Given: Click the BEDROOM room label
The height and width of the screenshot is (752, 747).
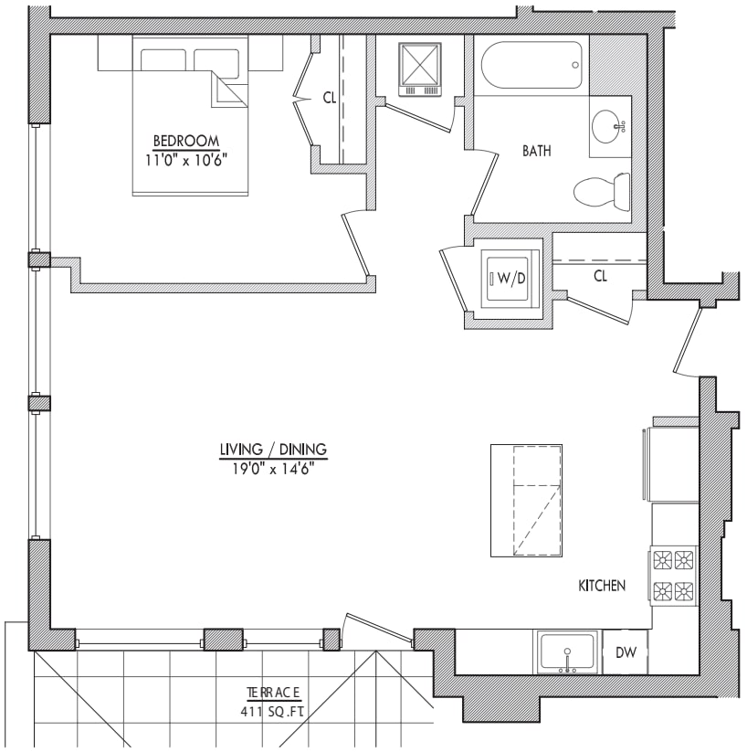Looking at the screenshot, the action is (x=186, y=141).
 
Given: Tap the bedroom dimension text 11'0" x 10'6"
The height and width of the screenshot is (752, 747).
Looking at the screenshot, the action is (x=186, y=160).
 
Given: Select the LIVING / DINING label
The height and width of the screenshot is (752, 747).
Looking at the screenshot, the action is (x=273, y=450).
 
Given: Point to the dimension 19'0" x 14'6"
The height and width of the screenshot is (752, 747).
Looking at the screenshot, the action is (x=273, y=469).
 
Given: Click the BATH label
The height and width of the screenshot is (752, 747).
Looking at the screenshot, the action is (x=537, y=151).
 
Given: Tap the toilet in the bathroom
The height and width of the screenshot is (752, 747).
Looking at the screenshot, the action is (x=602, y=192).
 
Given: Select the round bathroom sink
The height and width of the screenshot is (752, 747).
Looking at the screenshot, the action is (x=608, y=127).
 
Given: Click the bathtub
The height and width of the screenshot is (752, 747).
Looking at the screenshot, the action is (x=531, y=65).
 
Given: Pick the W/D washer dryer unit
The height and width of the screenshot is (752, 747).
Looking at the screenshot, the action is (x=510, y=279).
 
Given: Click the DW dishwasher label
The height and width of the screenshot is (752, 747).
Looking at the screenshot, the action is (x=626, y=652).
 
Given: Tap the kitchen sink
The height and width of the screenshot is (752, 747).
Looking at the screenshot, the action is (x=568, y=652).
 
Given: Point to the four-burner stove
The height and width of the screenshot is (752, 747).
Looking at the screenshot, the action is (x=674, y=576).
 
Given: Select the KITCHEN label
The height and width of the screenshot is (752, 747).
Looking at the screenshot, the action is (x=602, y=586).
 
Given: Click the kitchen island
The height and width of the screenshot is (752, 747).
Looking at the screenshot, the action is (x=526, y=501).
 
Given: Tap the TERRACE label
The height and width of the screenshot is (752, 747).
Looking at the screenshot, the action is (x=274, y=693).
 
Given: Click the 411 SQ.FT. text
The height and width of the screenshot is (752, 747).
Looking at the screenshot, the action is (x=272, y=712).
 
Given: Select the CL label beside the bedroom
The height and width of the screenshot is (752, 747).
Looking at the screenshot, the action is (x=330, y=98).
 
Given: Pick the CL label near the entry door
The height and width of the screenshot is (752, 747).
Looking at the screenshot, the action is (x=600, y=276).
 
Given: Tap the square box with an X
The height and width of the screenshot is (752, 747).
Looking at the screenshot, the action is (x=420, y=65).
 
